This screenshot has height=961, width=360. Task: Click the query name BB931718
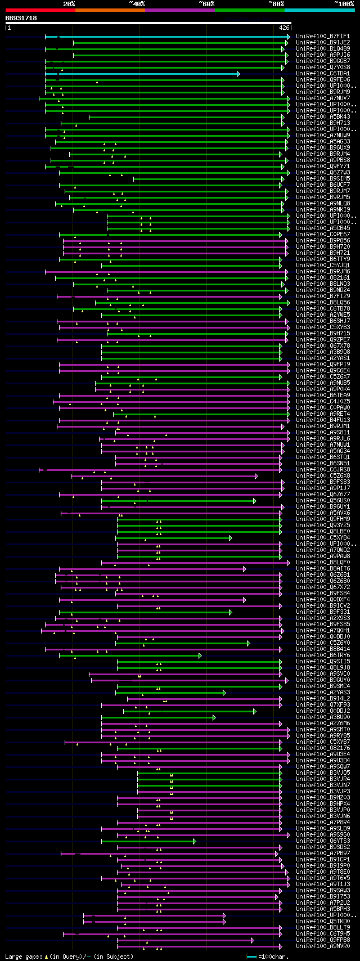21,18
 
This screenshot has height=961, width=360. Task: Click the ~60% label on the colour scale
206,4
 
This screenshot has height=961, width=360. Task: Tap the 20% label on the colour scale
69,4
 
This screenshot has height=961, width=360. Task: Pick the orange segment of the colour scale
110,10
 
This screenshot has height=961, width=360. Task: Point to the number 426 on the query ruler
284,27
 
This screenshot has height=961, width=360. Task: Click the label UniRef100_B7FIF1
323,37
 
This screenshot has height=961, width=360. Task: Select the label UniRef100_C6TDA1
323,74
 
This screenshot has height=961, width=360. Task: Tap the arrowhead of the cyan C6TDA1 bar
238,74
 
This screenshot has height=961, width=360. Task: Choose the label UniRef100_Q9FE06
323,80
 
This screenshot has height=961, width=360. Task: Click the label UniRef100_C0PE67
323,235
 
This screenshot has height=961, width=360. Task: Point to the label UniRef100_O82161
323,278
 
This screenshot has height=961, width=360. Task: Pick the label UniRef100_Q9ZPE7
323,340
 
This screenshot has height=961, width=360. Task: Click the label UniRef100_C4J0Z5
323,402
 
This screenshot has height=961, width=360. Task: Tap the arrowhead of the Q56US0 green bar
255,501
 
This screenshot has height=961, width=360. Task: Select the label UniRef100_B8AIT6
323,569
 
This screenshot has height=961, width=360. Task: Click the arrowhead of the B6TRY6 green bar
200,655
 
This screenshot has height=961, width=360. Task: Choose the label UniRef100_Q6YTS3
323,841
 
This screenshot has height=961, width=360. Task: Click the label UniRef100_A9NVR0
323,946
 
